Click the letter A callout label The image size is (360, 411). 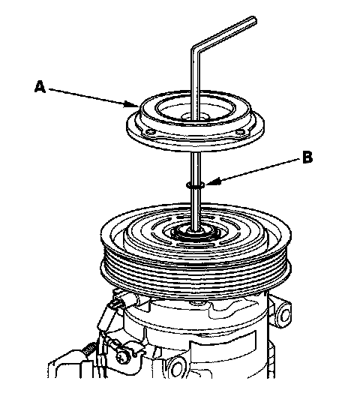tap(40, 87)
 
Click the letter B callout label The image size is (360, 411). tap(307, 157)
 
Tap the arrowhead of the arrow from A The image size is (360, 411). tap(131, 104)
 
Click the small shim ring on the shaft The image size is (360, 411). tap(196, 185)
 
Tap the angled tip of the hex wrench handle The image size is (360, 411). tap(253, 21)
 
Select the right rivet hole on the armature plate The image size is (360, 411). tap(239, 133)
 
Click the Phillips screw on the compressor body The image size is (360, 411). tap(122, 355)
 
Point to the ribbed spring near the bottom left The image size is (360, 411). tap(89, 349)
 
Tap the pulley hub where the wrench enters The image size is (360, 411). tap(196, 232)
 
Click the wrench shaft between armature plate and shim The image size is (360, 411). tap(196, 167)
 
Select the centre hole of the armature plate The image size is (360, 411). tap(194, 117)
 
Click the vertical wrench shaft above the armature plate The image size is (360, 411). tap(195, 84)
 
